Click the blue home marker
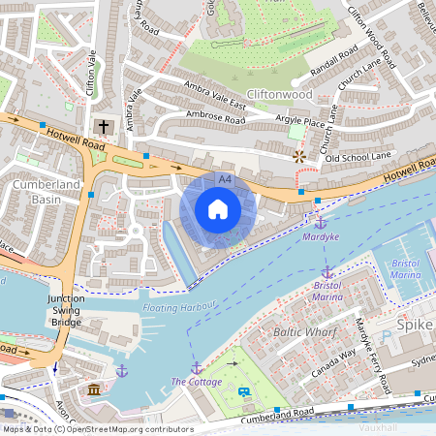[x=218, y=209]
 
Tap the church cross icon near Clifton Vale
[x=103, y=127]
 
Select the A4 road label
[x=225, y=180]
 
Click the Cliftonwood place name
[x=280, y=95]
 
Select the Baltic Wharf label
[x=304, y=332]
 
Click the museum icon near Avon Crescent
[x=94, y=389]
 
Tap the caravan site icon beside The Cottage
[x=244, y=391]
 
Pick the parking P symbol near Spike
[x=386, y=336]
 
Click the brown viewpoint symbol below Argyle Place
[x=298, y=155]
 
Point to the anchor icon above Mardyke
[x=321, y=223]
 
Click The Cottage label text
[x=197, y=383]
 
